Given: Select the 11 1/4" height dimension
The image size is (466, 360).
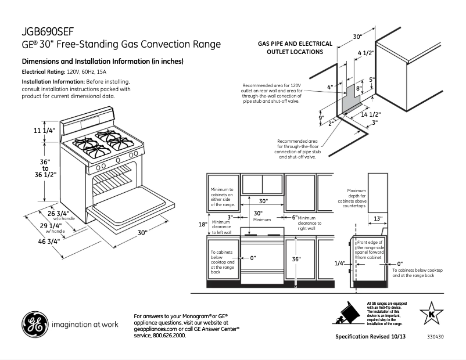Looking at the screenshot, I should (x=44, y=131).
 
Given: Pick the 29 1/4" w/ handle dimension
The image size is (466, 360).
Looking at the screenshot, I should (x=51, y=226).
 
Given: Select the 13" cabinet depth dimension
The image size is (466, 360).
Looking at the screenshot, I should (x=378, y=218).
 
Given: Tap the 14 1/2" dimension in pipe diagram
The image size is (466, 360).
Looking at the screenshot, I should (x=371, y=114).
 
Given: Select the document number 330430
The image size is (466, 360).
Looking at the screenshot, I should (x=434, y=337).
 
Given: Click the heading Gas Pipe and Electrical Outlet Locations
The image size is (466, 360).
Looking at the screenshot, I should (x=295, y=48).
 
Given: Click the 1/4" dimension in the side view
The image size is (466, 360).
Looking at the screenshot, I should (x=340, y=263).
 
